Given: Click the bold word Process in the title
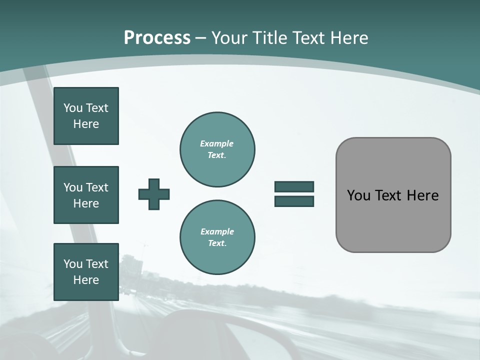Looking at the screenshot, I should tap(157, 38).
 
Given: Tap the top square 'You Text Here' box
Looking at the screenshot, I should tap(86, 116).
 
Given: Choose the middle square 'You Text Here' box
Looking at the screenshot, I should tap(86, 195).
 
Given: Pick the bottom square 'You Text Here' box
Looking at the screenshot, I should tap(86, 272).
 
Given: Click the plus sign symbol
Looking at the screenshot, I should tap(154, 194).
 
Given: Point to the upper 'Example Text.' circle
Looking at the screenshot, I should tap(217, 149).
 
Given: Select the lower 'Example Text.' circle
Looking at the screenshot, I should tap(217, 237).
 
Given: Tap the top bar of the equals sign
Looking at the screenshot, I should tap(294, 186).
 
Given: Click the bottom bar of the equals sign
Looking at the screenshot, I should tap(294, 201).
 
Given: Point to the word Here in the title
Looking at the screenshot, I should tap(350, 38).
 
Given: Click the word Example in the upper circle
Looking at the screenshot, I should tap(217, 143).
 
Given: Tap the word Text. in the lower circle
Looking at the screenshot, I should tap(217, 243).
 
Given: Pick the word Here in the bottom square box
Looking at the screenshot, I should tap(86, 280).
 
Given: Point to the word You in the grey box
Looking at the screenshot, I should tap(358, 195).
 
